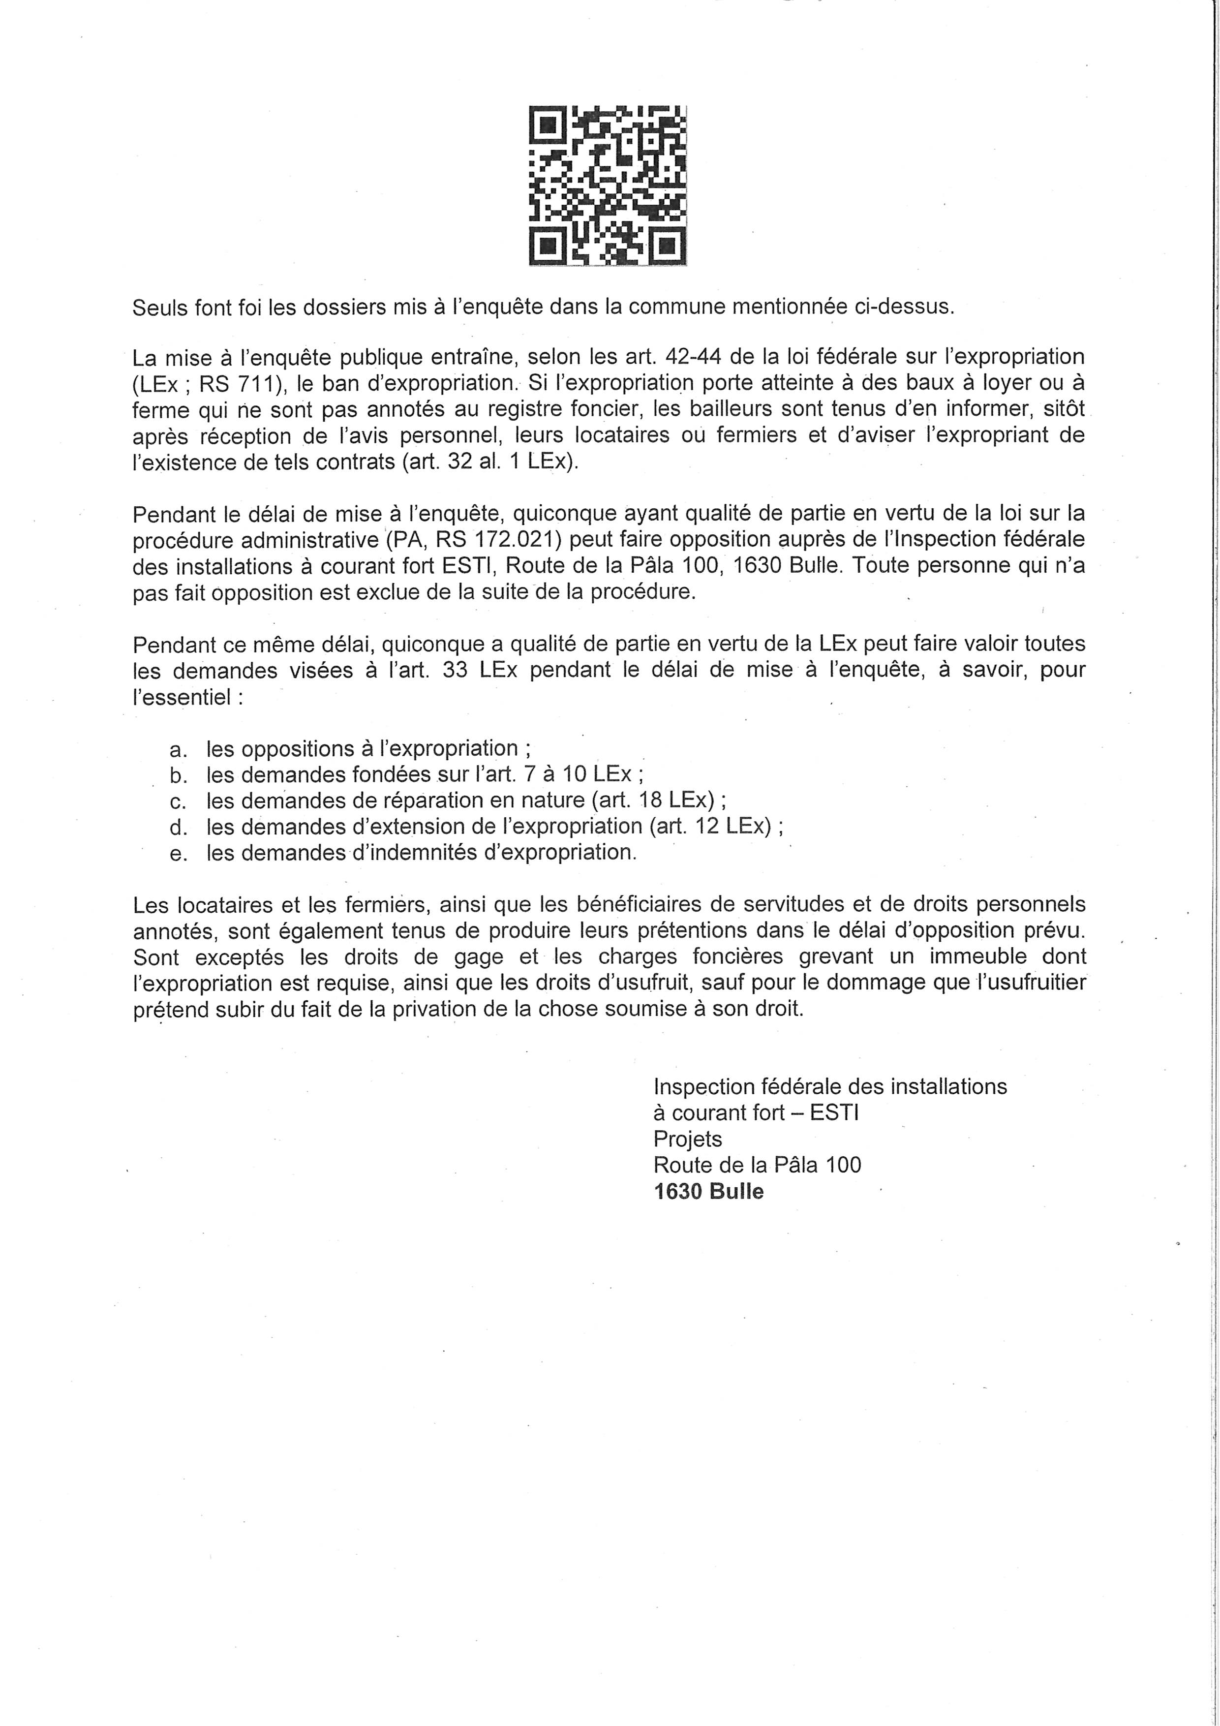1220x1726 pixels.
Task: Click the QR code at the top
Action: tap(608, 185)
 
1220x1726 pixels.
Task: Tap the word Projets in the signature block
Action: tap(687, 1139)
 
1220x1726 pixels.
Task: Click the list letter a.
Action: tap(178, 749)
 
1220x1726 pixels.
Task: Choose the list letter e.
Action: tap(178, 853)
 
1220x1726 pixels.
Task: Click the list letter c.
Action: tap(178, 801)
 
